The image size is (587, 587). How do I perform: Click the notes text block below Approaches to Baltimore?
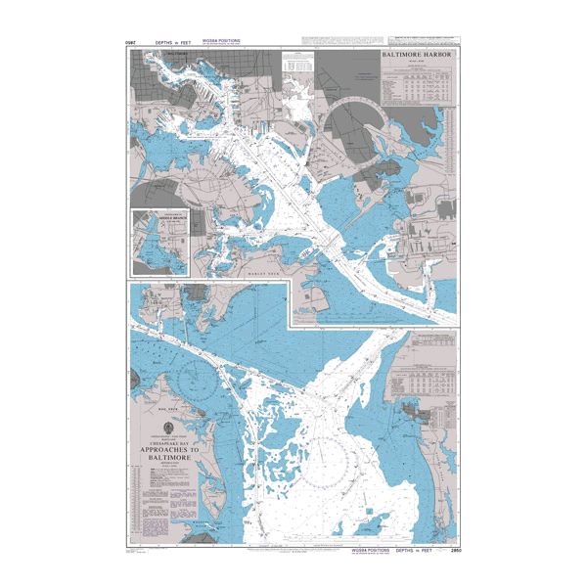tap(161, 484)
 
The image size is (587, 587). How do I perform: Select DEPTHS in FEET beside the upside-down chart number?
tap(163, 44)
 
